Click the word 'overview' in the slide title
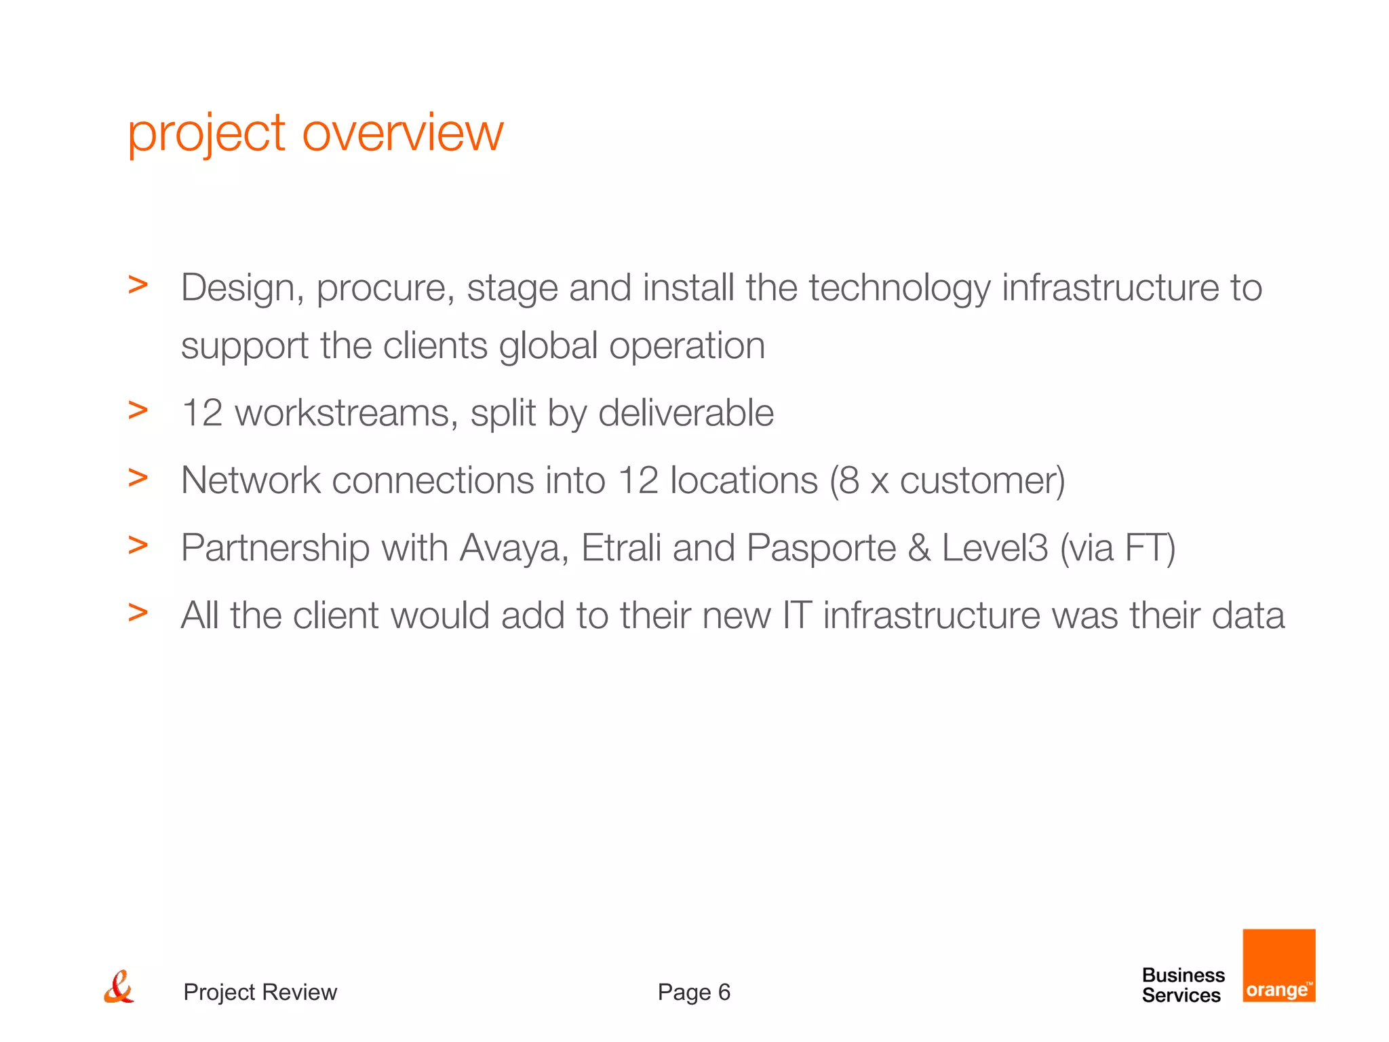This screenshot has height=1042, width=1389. [402, 133]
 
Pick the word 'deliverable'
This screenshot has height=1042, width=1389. [686, 412]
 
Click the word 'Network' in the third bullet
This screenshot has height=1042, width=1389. [250, 480]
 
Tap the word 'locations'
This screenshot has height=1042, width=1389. [743, 480]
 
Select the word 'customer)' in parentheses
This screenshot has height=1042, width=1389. [982, 480]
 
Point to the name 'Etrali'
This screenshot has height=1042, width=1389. [621, 548]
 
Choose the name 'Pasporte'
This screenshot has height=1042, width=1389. [821, 548]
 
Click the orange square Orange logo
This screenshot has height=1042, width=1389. [1278, 965]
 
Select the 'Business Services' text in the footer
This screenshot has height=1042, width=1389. [1183, 985]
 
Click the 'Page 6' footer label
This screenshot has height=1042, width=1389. [694, 992]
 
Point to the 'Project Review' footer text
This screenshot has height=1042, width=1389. [260, 992]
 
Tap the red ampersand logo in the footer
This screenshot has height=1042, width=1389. [119, 987]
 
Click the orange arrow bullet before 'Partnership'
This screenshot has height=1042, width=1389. [138, 545]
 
